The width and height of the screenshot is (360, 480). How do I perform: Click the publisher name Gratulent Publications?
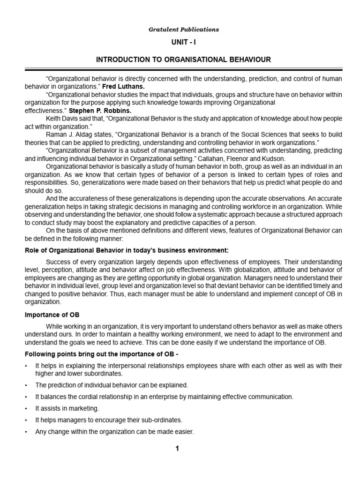click(184, 29)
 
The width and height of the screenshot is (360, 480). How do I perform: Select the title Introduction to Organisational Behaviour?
click(184, 60)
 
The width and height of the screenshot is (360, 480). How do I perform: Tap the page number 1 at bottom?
click(177, 449)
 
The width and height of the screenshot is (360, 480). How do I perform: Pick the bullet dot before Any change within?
click(27, 431)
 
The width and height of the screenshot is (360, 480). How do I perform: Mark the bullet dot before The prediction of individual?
click(27, 385)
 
